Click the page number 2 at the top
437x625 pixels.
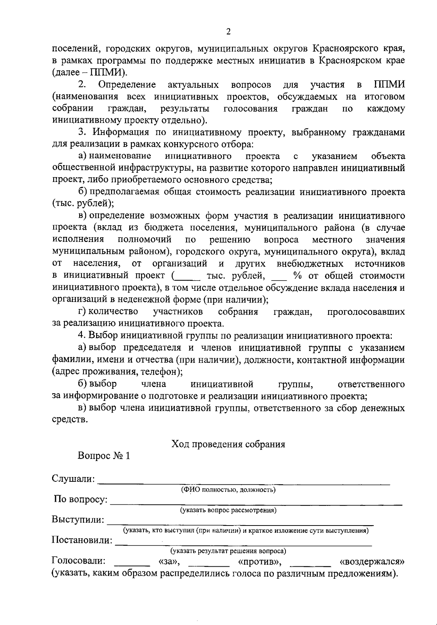228,32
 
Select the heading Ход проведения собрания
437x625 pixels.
228,444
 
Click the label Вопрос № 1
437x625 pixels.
104,456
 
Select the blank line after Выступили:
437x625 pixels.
240,524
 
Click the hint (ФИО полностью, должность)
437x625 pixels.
228,490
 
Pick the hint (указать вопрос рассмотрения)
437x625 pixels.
228,510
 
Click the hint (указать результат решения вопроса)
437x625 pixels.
228,551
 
